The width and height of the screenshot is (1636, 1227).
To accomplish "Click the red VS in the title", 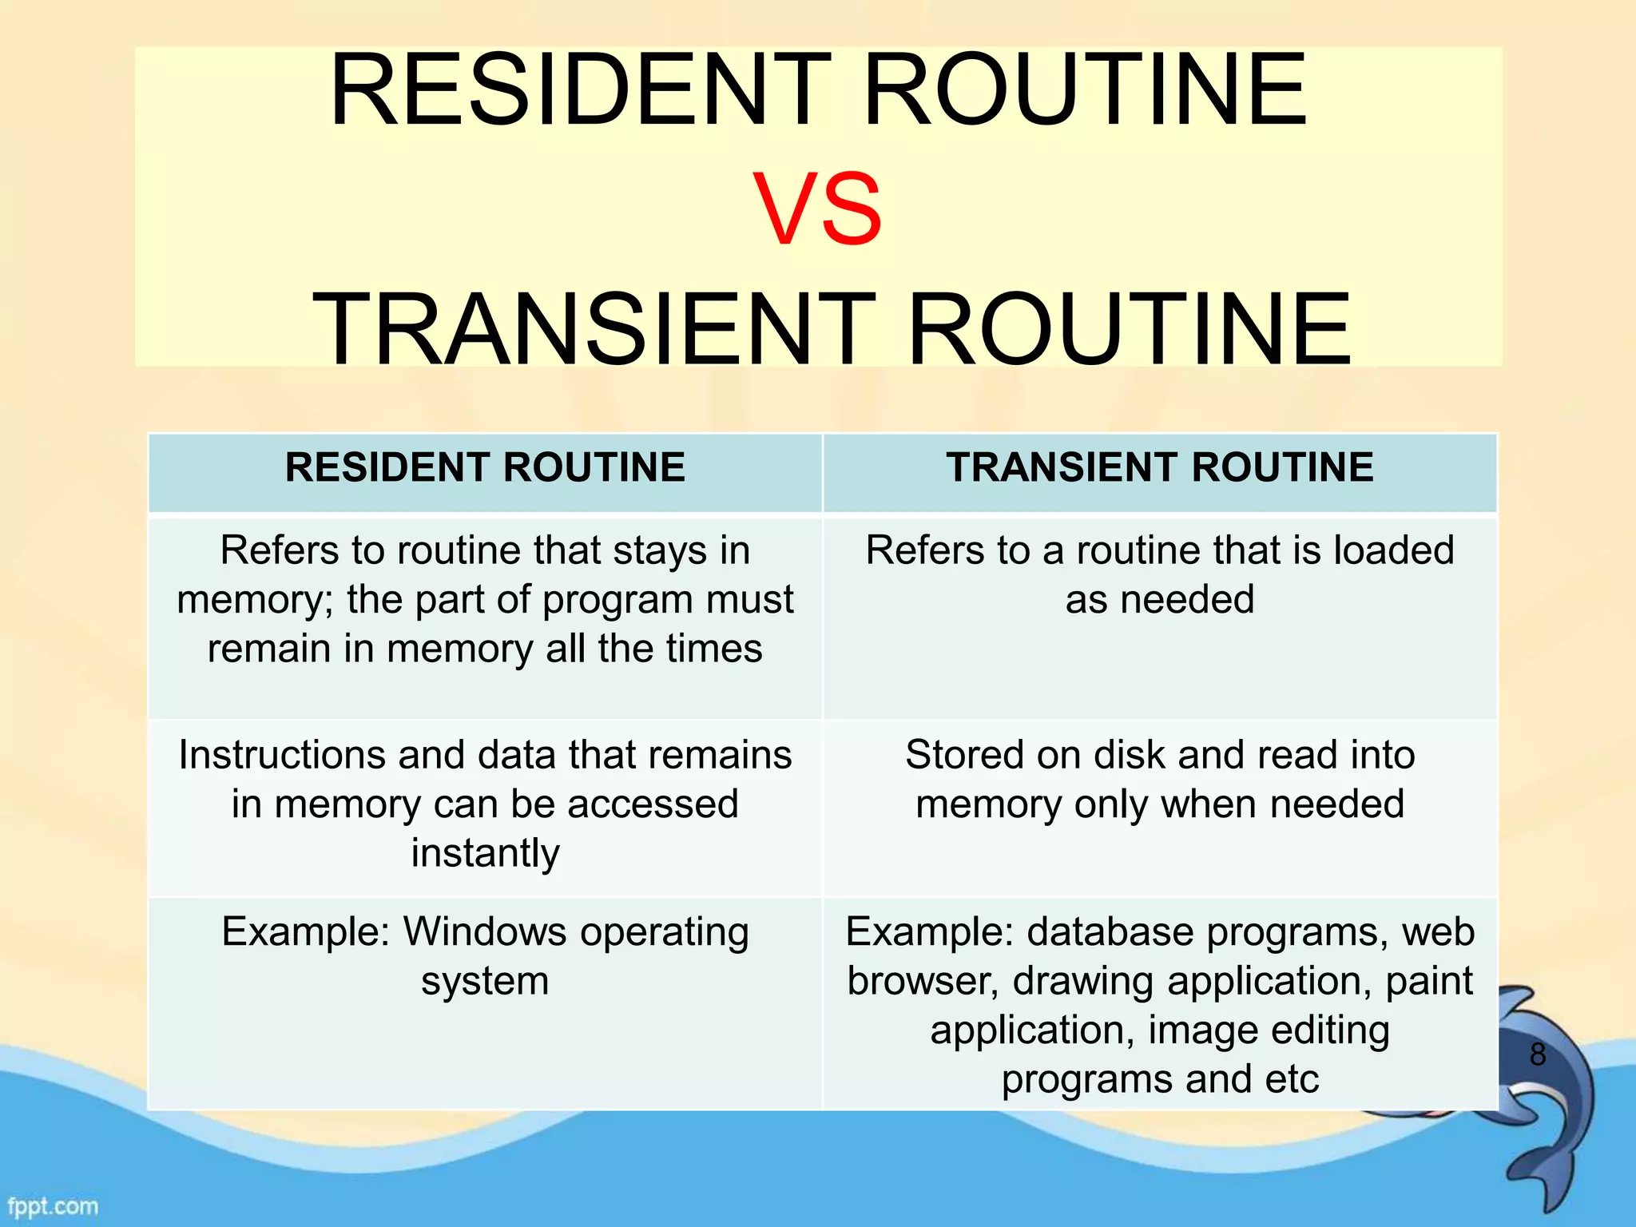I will point(817,209).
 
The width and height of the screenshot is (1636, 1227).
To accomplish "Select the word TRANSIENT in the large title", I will point(594,329).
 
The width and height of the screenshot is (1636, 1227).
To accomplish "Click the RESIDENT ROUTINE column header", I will point(485,467).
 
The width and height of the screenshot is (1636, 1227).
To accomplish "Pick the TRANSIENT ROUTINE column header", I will point(1160,467).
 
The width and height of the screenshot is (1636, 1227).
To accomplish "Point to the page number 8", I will point(1538,1054).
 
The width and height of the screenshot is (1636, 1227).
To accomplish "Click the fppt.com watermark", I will point(53,1205).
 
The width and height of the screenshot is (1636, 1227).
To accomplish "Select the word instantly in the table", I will point(485,853).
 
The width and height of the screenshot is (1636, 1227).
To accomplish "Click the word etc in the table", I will point(1292,1079).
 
